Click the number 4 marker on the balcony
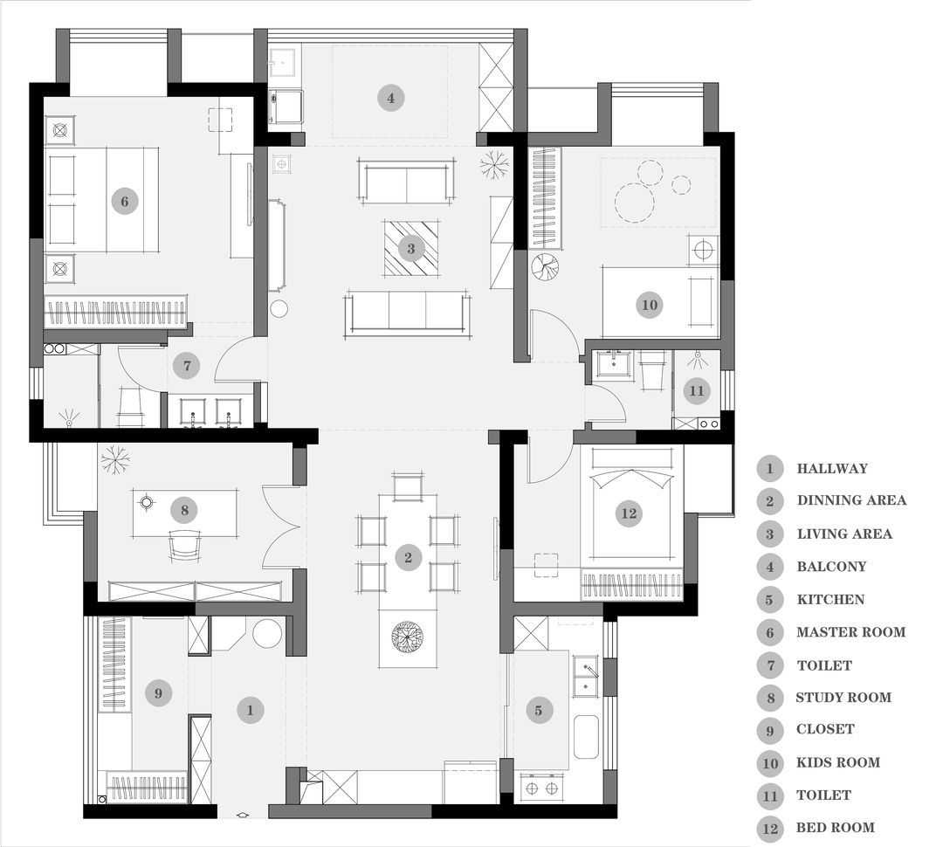(391, 98)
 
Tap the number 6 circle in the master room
(125, 201)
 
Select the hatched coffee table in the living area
(411, 249)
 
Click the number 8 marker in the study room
(184, 510)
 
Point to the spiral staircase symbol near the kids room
(545, 266)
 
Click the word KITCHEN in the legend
(830, 599)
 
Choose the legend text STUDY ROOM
(843, 697)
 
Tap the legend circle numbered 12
(770, 829)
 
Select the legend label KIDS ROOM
(837, 762)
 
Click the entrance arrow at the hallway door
(243, 815)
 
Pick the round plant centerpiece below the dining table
(407, 636)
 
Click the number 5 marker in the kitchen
(538, 711)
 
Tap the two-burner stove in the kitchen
(541, 788)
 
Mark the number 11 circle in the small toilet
(697, 391)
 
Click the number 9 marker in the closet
(158, 693)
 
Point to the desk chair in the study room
(184, 545)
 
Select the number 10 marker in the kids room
(650, 305)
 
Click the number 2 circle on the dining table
(409, 558)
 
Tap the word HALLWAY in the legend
(832, 468)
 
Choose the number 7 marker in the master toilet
(187, 365)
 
